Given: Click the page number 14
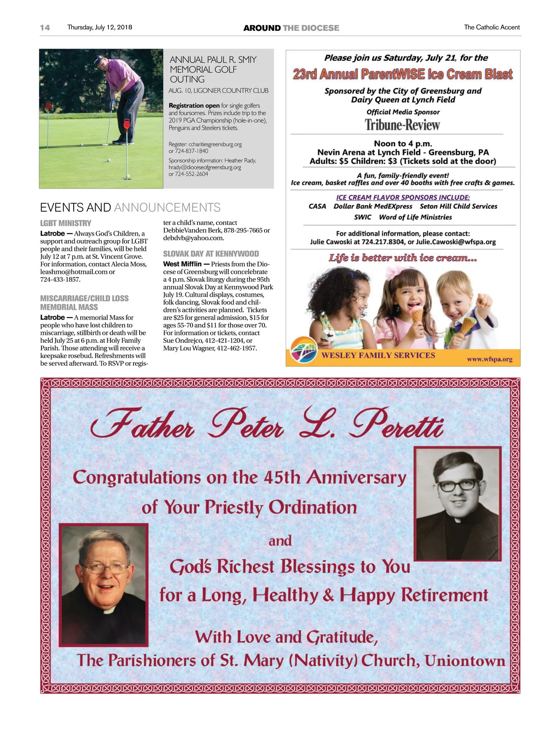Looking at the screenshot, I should (x=45, y=28).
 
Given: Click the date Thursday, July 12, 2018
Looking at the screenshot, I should (x=99, y=28).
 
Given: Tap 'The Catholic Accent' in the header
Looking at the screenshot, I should (x=491, y=28).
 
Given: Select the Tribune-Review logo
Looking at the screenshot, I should (x=402, y=125).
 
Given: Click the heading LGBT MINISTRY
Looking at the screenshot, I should (x=66, y=223).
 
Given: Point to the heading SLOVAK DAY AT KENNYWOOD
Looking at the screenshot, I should (x=211, y=254).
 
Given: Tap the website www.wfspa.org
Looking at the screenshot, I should (x=490, y=359).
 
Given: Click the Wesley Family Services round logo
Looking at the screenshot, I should (x=303, y=350).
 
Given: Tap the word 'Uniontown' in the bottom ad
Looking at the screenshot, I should (x=465, y=660).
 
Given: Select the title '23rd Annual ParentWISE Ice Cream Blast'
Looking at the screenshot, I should (x=402, y=74).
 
